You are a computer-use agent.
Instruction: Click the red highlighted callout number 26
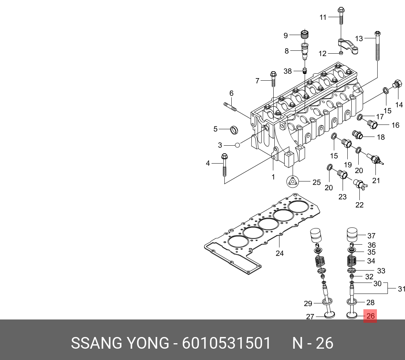(370, 316)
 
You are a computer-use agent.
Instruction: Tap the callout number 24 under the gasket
(280, 253)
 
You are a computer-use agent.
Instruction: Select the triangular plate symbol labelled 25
(293, 181)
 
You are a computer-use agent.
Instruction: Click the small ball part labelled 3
(238, 145)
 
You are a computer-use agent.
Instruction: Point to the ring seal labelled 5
(234, 130)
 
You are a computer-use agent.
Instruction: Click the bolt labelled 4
(224, 165)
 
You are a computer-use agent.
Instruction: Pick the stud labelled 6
(230, 106)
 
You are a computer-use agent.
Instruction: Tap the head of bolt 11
(341, 10)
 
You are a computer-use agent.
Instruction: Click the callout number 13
(359, 38)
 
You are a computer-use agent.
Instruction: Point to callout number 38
(288, 71)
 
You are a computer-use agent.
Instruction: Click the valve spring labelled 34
(351, 261)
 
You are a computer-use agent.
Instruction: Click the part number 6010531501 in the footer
(227, 343)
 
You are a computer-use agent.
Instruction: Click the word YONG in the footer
(147, 343)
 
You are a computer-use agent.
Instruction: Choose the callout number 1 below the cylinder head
(273, 177)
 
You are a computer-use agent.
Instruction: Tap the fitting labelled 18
(358, 135)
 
